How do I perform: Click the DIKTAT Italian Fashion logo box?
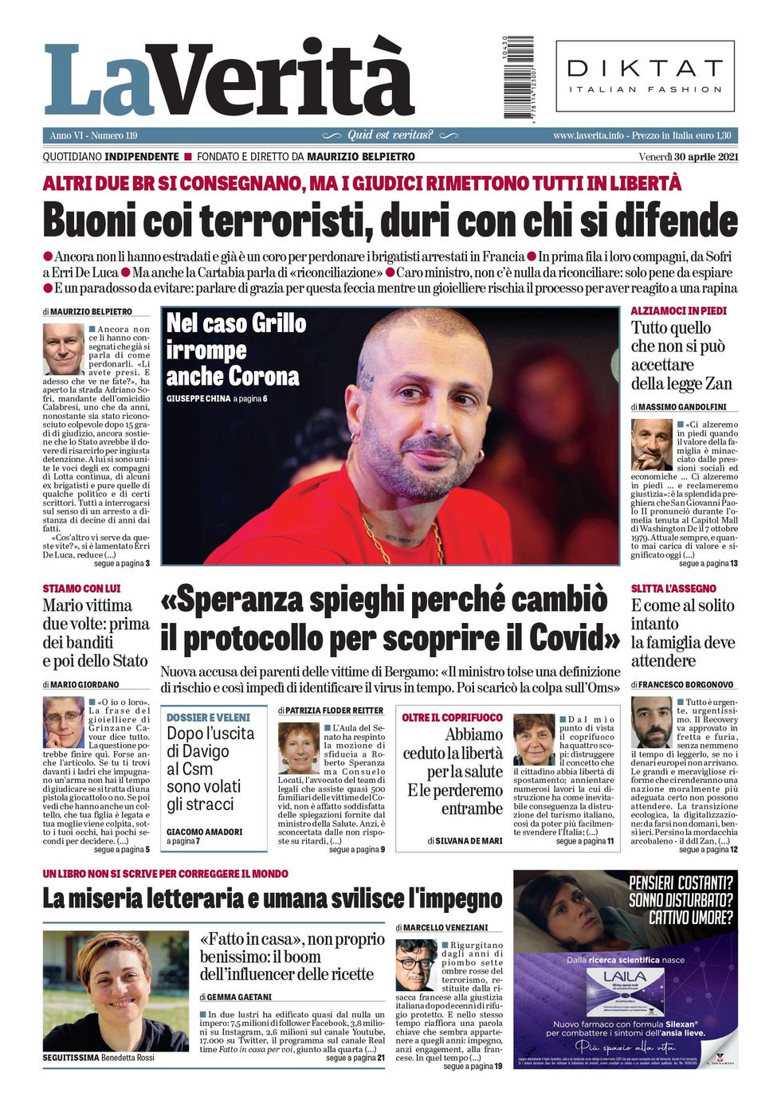(x=645, y=76)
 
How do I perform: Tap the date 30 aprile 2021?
(x=699, y=157)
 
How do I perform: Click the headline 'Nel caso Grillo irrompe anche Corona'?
(x=236, y=350)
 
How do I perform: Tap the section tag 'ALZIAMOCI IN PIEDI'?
(x=678, y=311)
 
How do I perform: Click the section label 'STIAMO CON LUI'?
(x=82, y=589)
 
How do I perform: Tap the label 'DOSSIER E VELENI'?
(x=208, y=718)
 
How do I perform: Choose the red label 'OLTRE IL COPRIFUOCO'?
(x=452, y=718)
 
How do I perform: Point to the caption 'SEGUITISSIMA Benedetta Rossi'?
(x=99, y=1058)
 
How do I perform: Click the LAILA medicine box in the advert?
(x=624, y=993)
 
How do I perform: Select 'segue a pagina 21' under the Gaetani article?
(x=355, y=1058)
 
